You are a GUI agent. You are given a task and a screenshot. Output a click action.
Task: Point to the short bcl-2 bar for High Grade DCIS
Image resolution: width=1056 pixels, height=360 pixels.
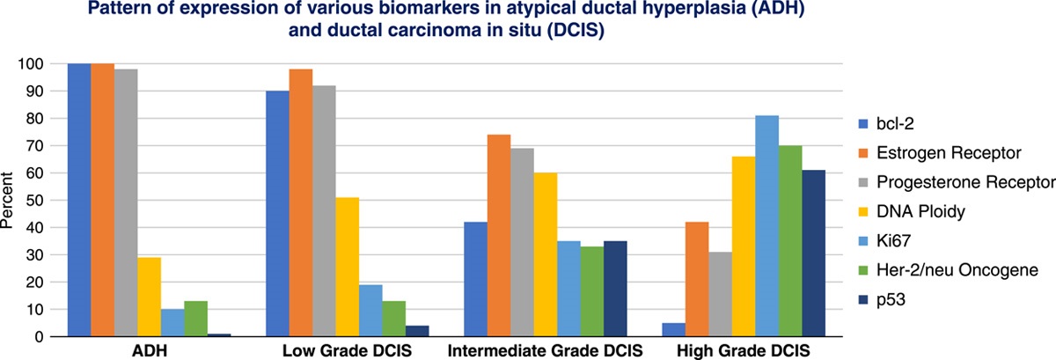(x=673, y=330)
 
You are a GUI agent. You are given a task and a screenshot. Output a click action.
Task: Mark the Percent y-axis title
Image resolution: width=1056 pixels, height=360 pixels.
(x=8, y=204)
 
